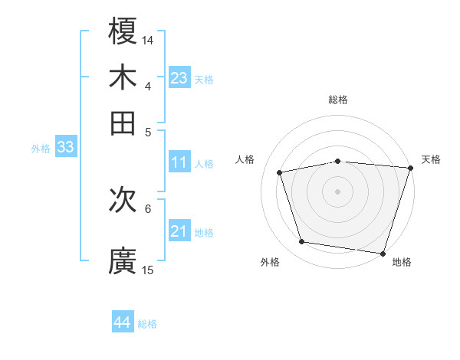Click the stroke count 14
point(148,39)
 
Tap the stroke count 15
point(148,270)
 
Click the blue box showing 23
point(179,78)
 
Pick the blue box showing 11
point(179,162)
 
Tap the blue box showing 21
point(179,231)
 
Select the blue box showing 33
point(65,148)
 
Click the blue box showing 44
point(123,322)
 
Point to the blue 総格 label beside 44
point(147,324)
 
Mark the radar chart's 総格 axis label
point(338,100)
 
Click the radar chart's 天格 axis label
point(431,159)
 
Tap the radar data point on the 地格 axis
point(383,253)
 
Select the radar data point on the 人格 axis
point(280,172)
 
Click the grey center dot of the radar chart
point(338,191)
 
